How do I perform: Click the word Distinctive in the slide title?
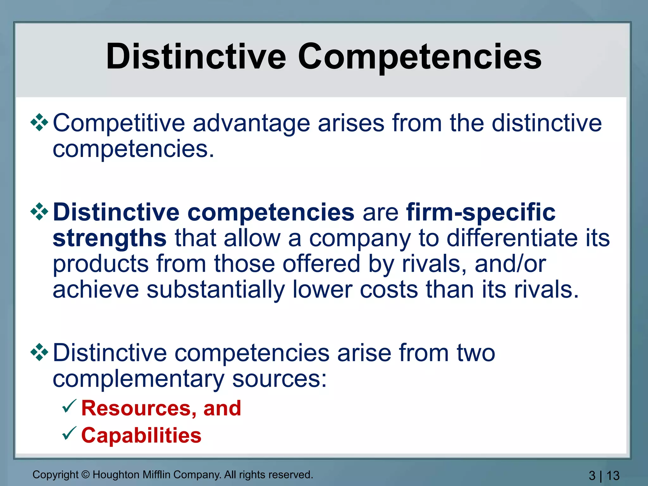(x=196, y=57)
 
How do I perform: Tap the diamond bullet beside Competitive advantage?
(x=39, y=122)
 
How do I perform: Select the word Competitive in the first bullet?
(x=119, y=123)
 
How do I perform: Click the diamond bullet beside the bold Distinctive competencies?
(x=39, y=211)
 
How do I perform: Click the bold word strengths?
(x=109, y=238)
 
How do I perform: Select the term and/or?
(x=510, y=264)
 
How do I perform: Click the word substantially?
(x=215, y=290)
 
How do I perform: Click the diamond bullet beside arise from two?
(x=39, y=352)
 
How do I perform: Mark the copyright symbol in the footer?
(x=85, y=475)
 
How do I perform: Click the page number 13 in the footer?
(x=613, y=476)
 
